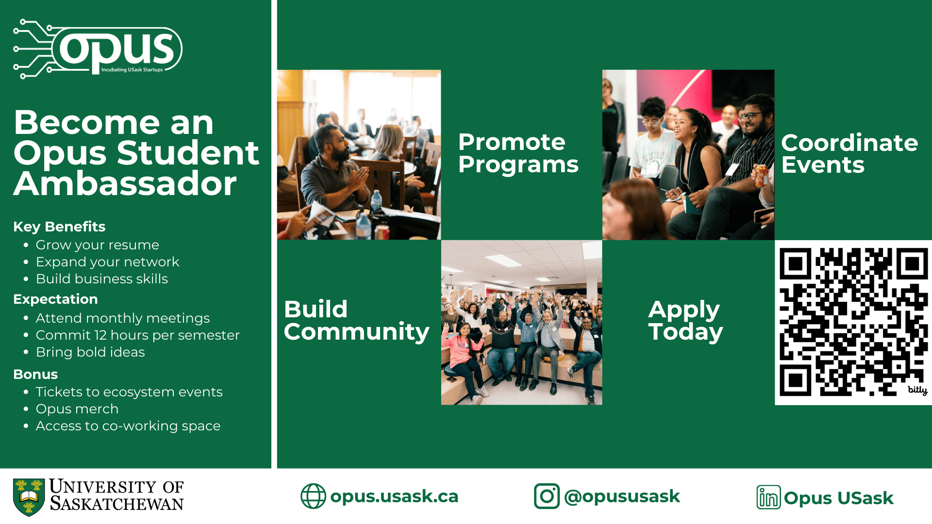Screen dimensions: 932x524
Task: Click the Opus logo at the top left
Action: coord(98,49)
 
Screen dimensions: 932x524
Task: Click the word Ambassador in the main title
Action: coord(125,184)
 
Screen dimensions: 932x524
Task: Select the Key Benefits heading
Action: coord(59,227)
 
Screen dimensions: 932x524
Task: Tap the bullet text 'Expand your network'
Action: coord(107,262)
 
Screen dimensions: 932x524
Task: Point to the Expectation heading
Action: coord(55,299)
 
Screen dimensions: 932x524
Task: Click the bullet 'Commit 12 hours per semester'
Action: coord(138,335)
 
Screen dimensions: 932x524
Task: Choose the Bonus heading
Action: coord(35,375)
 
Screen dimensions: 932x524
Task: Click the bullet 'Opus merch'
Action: coord(77,409)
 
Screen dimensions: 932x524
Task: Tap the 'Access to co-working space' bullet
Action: coord(128,426)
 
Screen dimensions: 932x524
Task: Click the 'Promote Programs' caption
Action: coord(518,153)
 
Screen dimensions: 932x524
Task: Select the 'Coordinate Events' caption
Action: coord(849,154)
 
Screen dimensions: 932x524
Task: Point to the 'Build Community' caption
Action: coord(356,321)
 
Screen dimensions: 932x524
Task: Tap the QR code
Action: coord(853,322)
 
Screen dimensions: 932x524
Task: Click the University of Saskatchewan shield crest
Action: coord(29,497)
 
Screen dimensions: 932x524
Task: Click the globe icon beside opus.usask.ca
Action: coord(313,496)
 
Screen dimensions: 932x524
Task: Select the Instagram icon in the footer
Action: coord(547,496)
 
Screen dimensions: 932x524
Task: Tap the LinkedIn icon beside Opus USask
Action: coord(768,497)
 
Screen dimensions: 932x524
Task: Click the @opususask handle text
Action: coord(622,497)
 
